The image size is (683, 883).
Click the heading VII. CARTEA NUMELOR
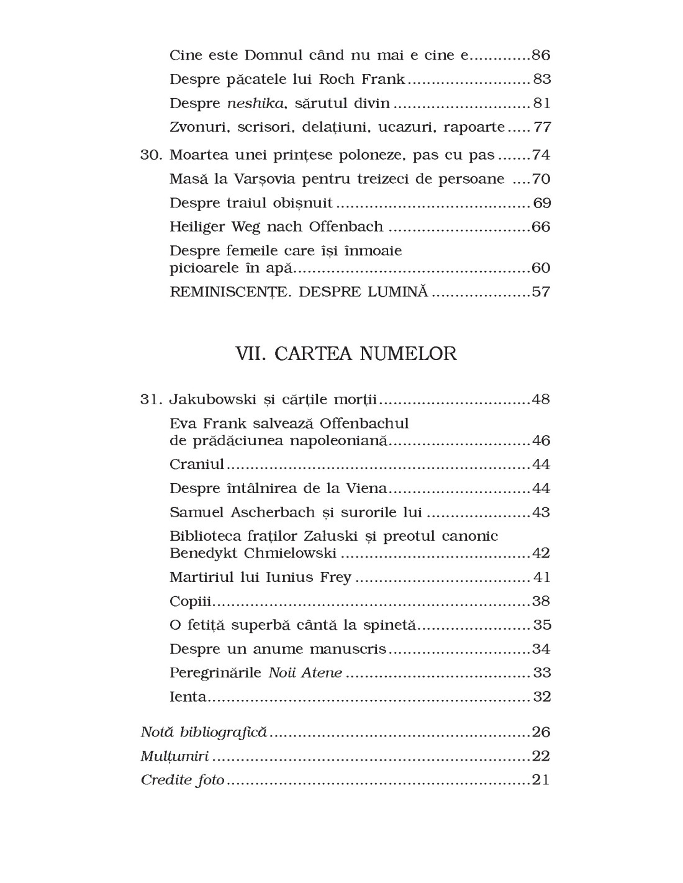(x=346, y=354)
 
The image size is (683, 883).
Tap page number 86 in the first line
(x=541, y=55)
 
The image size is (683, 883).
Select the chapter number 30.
(x=151, y=155)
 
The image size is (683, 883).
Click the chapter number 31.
(x=151, y=399)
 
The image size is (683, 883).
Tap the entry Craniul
(x=197, y=464)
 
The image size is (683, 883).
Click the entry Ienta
(x=188, y=697)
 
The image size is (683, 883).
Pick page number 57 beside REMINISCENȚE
(x=541, y=292)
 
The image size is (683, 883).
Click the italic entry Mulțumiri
(x=174, y=756)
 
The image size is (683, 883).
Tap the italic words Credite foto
(x=183, y=780)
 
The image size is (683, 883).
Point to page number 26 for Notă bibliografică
(x=541, y=732)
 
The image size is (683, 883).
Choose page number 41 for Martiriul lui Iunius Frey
(x=542, y=577)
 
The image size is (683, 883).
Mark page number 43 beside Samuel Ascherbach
(x=541, y=513)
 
